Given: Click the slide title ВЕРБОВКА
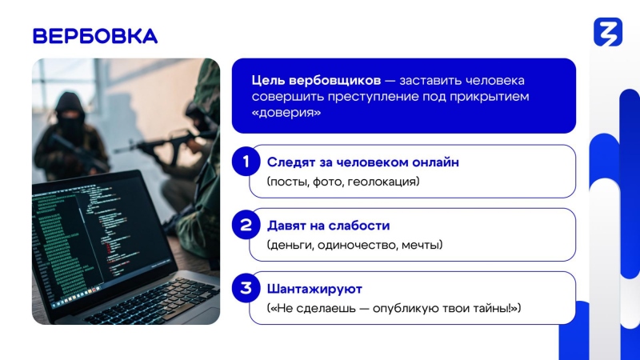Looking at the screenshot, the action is pyautogui.click(x=95, y=36).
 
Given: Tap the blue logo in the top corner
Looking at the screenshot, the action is pyautogui.click(x=608, y=32).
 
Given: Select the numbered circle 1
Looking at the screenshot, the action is pyautogui.click(x=246, y=162).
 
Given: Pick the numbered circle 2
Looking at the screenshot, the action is pyautogui.click(x=246, y=225).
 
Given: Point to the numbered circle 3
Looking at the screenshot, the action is pyautogui.click(x=246, y=288).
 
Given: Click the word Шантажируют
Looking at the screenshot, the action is pyautogui.click(x=314, y=289).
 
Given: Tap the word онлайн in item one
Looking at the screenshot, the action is pyautogui.click(x=435, y=162).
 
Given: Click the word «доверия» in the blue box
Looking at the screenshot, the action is pyautogui.click(x=286, y=113).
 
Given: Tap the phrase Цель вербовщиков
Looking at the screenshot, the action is pyautogui.click(x=316, y=81).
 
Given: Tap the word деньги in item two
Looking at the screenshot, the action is pyautogui.click(x=290, y=246).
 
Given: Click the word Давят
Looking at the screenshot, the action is pyautogui.click(x=284, y=226).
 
